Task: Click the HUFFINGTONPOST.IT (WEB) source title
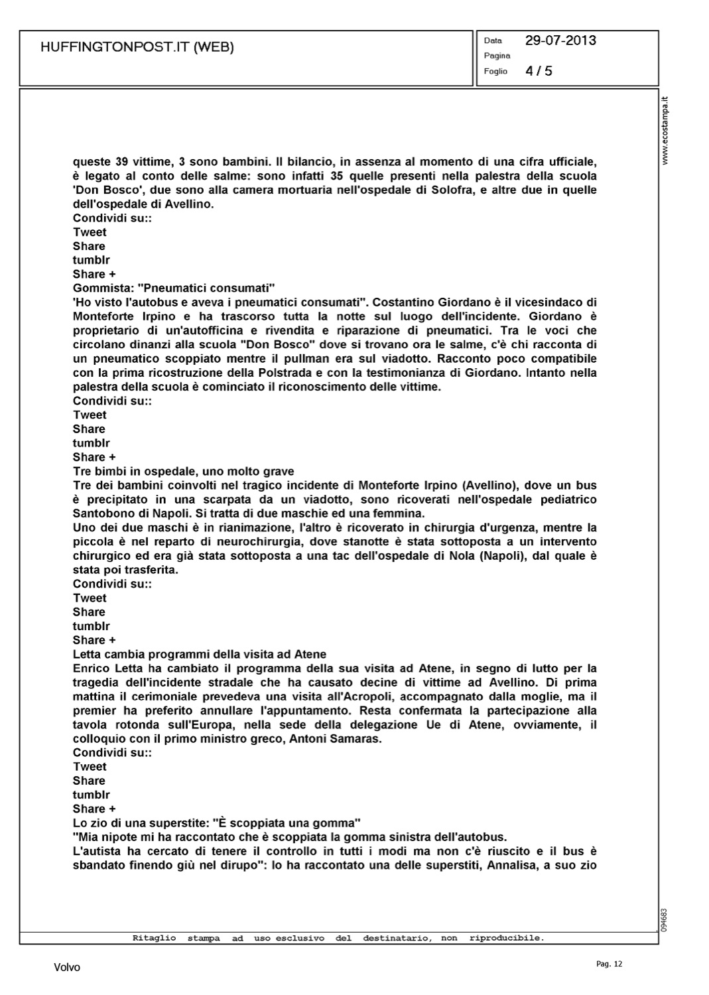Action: tap(137, 48)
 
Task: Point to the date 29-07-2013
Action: tap(560, 40)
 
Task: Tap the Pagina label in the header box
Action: tap(497, 56)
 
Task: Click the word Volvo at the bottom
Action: tap(67, 968)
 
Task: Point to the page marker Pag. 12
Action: tap(610, 964)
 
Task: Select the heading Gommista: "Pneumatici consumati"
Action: tap(174, 289)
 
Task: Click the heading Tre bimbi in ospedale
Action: tap(183, 472)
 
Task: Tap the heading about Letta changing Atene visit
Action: tap(199, 655)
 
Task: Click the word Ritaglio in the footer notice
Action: tap(154, 938)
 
